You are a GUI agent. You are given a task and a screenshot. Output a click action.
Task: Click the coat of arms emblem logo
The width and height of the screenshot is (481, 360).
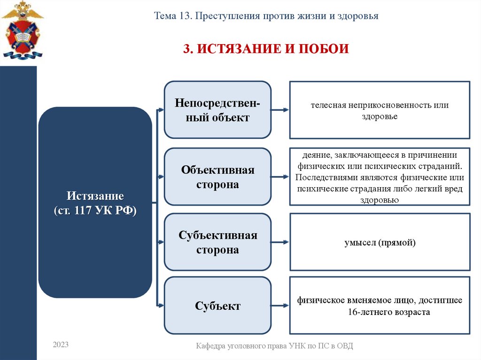(x=22, y=30)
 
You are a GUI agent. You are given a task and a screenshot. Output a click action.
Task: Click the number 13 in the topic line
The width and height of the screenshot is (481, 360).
(x=184, y=16)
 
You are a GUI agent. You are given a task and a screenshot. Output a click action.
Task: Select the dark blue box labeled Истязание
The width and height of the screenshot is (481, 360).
(x=95, y=202)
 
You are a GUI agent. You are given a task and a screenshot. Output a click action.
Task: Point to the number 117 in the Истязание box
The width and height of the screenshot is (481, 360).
(x=85, y=210)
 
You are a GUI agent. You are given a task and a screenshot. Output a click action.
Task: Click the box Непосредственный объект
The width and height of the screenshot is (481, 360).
(x=217, y=110)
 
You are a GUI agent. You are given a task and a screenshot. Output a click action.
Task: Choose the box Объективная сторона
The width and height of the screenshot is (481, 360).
(x=217, y=177)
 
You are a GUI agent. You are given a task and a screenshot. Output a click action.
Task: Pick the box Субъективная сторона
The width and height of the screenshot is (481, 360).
(x=217, y=242)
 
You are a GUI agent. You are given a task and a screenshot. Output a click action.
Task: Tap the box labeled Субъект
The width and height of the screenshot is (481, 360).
(x=217, y=306)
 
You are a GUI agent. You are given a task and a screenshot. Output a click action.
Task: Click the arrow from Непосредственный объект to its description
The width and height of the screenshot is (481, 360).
(x=280, y=110)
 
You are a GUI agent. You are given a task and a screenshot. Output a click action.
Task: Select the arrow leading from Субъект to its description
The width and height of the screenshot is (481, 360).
(x=280, y=306)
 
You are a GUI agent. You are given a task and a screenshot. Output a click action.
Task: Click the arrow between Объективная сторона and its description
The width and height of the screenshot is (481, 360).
(x=280, y=177)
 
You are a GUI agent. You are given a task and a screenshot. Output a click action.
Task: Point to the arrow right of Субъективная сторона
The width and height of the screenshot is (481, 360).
(x=280, y=242)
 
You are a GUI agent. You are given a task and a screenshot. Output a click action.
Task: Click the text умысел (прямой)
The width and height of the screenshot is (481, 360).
(x=380, y=243)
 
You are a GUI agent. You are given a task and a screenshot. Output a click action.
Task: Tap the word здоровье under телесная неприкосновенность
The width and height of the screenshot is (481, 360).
(x=380, y=116)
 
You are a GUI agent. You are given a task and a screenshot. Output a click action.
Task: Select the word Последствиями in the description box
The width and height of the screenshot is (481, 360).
(x=322, y=177)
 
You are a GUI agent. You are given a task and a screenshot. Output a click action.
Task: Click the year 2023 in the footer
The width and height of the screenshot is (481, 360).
(x=61, y=345)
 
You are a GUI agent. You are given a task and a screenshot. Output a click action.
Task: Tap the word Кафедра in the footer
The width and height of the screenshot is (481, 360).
(x=211, y=346)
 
